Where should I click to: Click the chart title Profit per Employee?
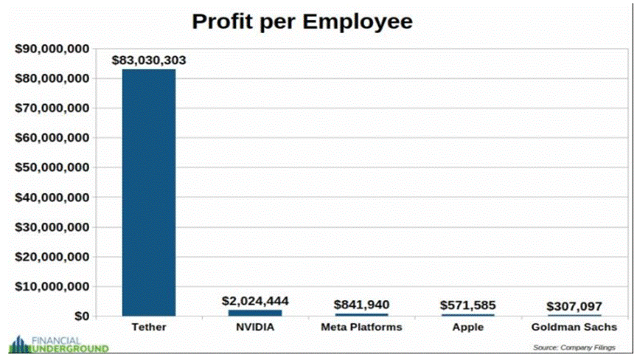pos(302,21)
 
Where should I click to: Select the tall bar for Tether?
pos(148,192)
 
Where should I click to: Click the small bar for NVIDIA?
pos(254,313)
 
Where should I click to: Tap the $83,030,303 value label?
pos(148,60)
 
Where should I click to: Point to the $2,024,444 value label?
pos(254,301)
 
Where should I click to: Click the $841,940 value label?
pos(361,305)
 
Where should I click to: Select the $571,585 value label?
pos(467,305)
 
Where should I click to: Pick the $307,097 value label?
pos(574,306)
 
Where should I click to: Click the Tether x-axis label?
pos(148,327)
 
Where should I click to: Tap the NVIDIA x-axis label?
pos(254,327)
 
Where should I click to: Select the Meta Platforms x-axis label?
pos(361,327)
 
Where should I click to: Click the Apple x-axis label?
pos(467,327)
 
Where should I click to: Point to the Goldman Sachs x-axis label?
pos(574,327)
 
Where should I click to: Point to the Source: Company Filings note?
pos(573,347)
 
